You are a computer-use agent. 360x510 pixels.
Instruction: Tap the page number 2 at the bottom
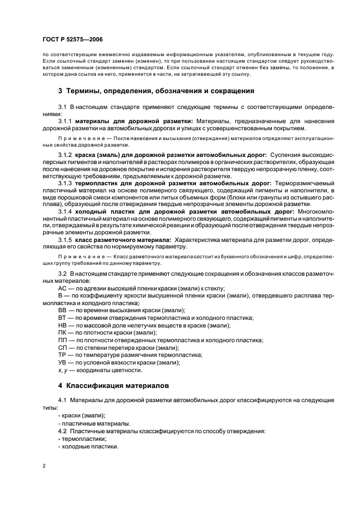click(x=44, y=466)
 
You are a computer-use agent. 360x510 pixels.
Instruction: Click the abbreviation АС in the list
click(x=62, y=289)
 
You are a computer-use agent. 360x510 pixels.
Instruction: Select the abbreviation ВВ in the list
click(x=62, y=310)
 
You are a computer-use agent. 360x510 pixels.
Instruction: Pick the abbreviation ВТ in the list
click(x=62, y=317)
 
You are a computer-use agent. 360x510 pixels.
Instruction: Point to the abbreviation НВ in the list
click(x=62, y=325)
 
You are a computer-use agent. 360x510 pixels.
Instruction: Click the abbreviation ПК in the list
click(x=62, y=332)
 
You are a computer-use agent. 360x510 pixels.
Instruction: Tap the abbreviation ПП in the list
click(x=62, y=340)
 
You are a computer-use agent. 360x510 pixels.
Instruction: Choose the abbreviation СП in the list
click(x=62, y=348)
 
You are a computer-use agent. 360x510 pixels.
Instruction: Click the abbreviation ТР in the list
click(x=62, y=355)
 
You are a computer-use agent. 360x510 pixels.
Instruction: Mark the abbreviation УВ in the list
click(x=62, y=362)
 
